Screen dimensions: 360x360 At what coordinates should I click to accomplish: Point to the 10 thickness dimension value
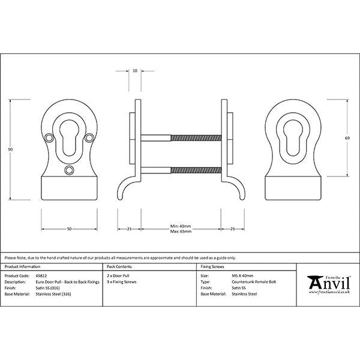coord(135,71)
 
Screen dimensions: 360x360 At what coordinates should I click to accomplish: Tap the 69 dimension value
coord(347,139)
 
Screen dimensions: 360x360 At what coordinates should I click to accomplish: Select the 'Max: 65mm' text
coord(181,232)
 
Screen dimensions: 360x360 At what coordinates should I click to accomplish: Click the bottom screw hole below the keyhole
coord(68,170)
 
